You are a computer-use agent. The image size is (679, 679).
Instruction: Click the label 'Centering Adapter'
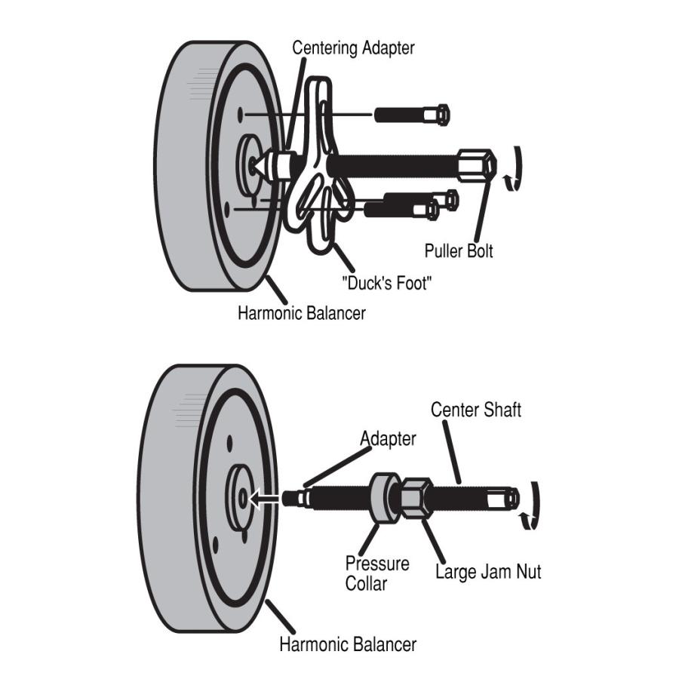354,48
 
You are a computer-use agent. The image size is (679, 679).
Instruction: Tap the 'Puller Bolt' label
459,250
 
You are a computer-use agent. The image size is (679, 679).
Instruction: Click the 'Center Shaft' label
475,410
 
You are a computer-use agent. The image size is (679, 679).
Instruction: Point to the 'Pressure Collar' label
377,573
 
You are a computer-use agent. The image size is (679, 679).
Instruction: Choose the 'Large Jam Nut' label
488,572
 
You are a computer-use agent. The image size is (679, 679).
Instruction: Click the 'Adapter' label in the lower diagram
388,438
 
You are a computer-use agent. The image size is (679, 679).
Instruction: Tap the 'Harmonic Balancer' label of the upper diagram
302,312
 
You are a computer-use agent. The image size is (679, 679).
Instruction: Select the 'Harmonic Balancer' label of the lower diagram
347,644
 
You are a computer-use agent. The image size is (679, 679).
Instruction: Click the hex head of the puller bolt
477,162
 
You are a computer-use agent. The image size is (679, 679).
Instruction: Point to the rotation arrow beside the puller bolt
513,167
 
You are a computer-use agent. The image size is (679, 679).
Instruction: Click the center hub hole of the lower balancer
241,497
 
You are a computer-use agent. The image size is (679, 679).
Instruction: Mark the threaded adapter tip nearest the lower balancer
294,497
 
